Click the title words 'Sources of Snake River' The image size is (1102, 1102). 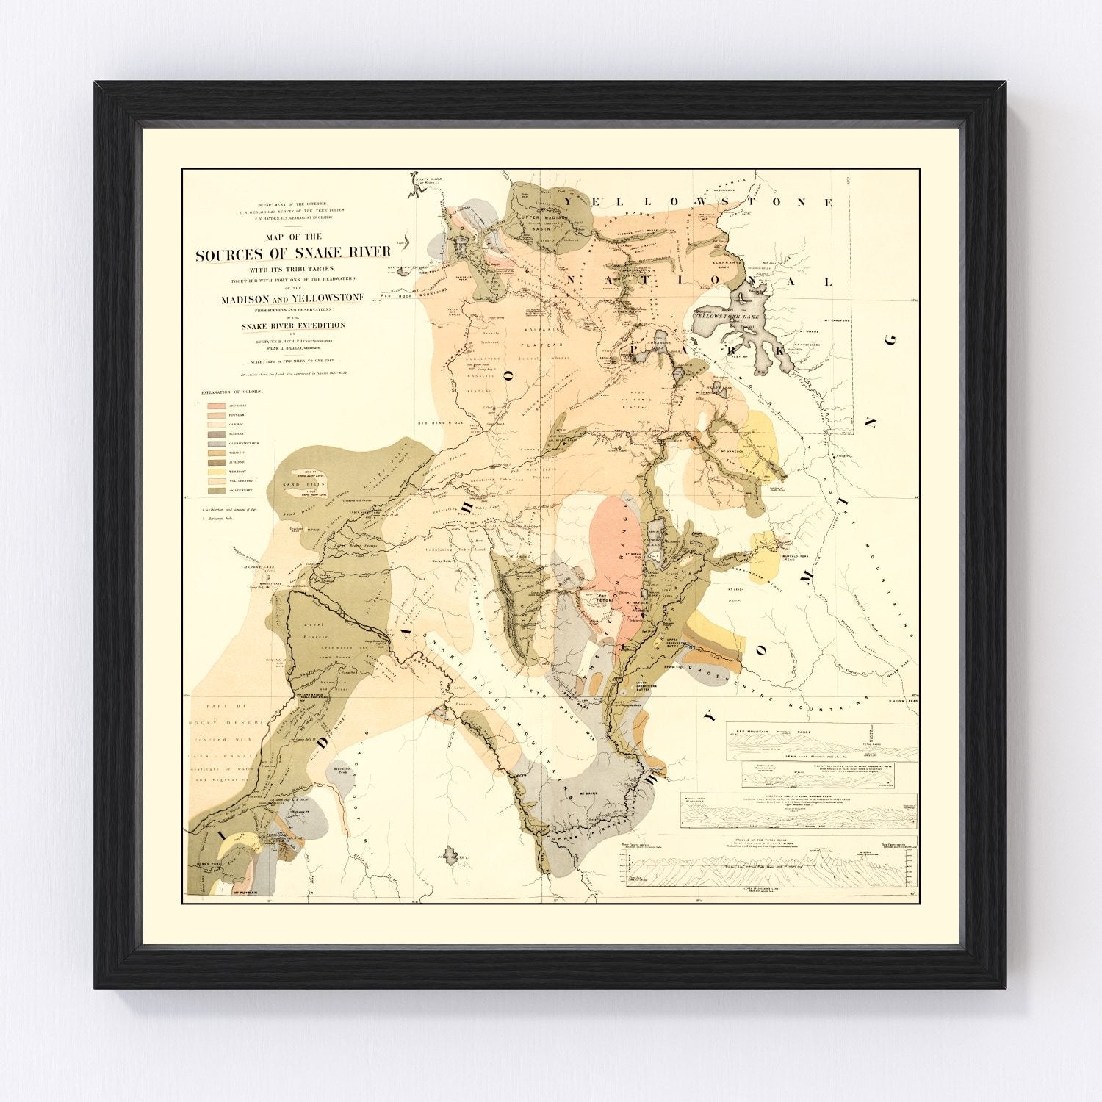[293, 254]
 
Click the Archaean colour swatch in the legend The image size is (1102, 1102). [217, 406]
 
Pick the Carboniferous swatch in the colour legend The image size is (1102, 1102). [217, 444]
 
